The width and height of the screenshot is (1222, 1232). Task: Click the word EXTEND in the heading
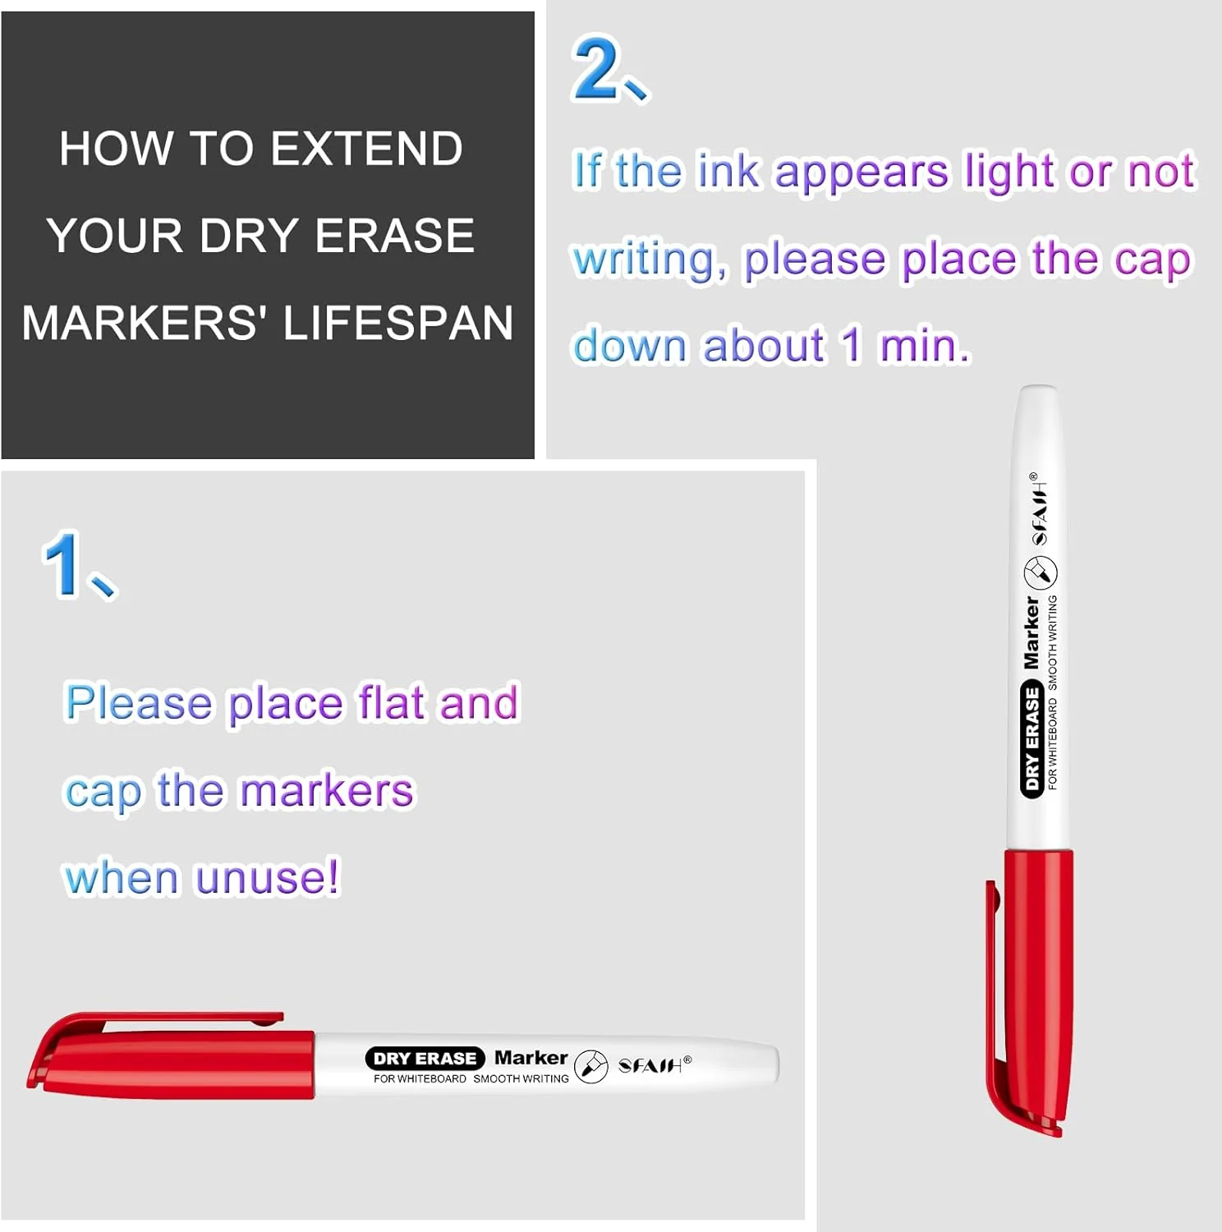[x=366, y=149]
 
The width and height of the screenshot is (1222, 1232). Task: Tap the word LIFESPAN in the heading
[x=398, y=323]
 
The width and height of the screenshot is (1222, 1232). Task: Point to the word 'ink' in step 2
[x=728, y=172]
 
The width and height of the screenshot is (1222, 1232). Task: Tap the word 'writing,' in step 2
[x=650, y=260]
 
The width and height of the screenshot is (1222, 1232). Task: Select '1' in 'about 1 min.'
[x=851, y=346]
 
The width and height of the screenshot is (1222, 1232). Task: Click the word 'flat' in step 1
[x=391, y=703]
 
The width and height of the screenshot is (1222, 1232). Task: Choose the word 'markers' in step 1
[x=327, y=791]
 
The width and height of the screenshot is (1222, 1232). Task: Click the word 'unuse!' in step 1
[x=267, y=877]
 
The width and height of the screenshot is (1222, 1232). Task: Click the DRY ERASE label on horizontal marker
[x=425, y=1059]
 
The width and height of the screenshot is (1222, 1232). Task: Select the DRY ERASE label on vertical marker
[x=1031, y=738]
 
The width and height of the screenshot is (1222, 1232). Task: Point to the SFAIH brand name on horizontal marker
[x=650, y=1066]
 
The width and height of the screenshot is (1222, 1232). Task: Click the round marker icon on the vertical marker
[x=1041, y=572]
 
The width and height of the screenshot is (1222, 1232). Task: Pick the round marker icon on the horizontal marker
[x=590, y=1066]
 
